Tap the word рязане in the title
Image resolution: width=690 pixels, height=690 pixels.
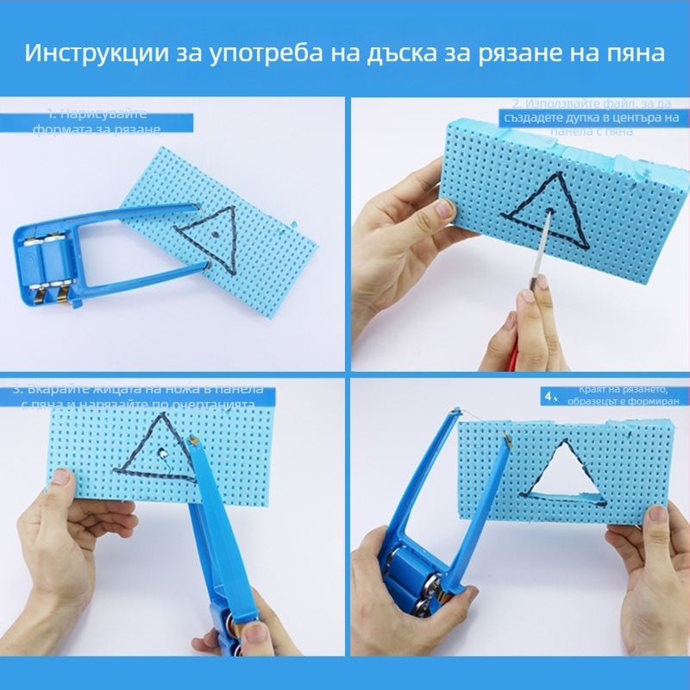pos(513,53)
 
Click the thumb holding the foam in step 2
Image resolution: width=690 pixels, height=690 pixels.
pos(445,208)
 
